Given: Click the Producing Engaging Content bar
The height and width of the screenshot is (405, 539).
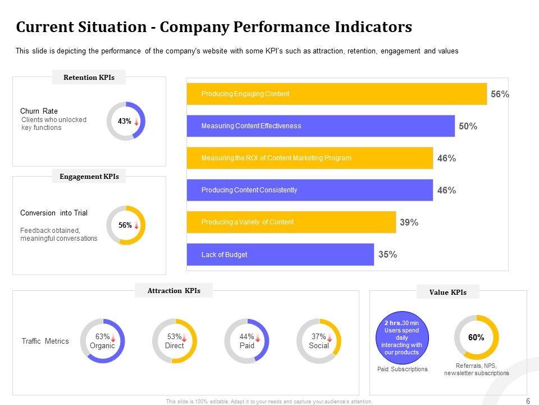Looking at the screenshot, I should (337, 94).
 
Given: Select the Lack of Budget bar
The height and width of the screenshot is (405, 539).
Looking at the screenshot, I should (280, 255).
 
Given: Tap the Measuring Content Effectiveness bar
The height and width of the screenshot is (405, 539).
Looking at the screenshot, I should (321, 126).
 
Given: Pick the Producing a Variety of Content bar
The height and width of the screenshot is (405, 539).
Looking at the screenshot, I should (291, 222).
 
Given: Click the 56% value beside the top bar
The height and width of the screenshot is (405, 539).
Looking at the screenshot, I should (500, 94).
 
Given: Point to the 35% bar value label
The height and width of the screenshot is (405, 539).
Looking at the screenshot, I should (387, 255).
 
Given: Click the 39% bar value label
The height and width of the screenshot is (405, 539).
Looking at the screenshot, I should (409, 223).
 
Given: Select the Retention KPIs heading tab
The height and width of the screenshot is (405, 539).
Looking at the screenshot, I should (89, 78).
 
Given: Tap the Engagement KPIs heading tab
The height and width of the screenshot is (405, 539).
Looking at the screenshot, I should (89, 177).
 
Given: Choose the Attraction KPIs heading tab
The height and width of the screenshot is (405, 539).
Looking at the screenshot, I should (173, 291).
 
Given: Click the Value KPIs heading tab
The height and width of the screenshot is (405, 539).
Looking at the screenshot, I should (447, 292).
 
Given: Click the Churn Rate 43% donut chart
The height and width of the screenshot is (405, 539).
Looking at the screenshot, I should (126, 121).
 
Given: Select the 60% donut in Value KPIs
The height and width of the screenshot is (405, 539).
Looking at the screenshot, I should (476, 337).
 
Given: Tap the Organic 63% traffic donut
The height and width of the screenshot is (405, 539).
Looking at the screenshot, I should (102, 341).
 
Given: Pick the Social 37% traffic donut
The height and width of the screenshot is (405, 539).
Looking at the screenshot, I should (318, 341).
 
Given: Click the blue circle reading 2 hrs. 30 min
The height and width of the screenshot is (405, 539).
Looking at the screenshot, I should (402, 337).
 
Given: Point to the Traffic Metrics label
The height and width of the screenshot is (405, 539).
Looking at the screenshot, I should (45, 341).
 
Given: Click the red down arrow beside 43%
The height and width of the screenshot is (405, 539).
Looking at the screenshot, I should (136, 121).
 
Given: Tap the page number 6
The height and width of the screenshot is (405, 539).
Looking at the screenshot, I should (527, 400).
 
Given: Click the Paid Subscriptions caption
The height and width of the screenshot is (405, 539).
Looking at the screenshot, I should (402, 370).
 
